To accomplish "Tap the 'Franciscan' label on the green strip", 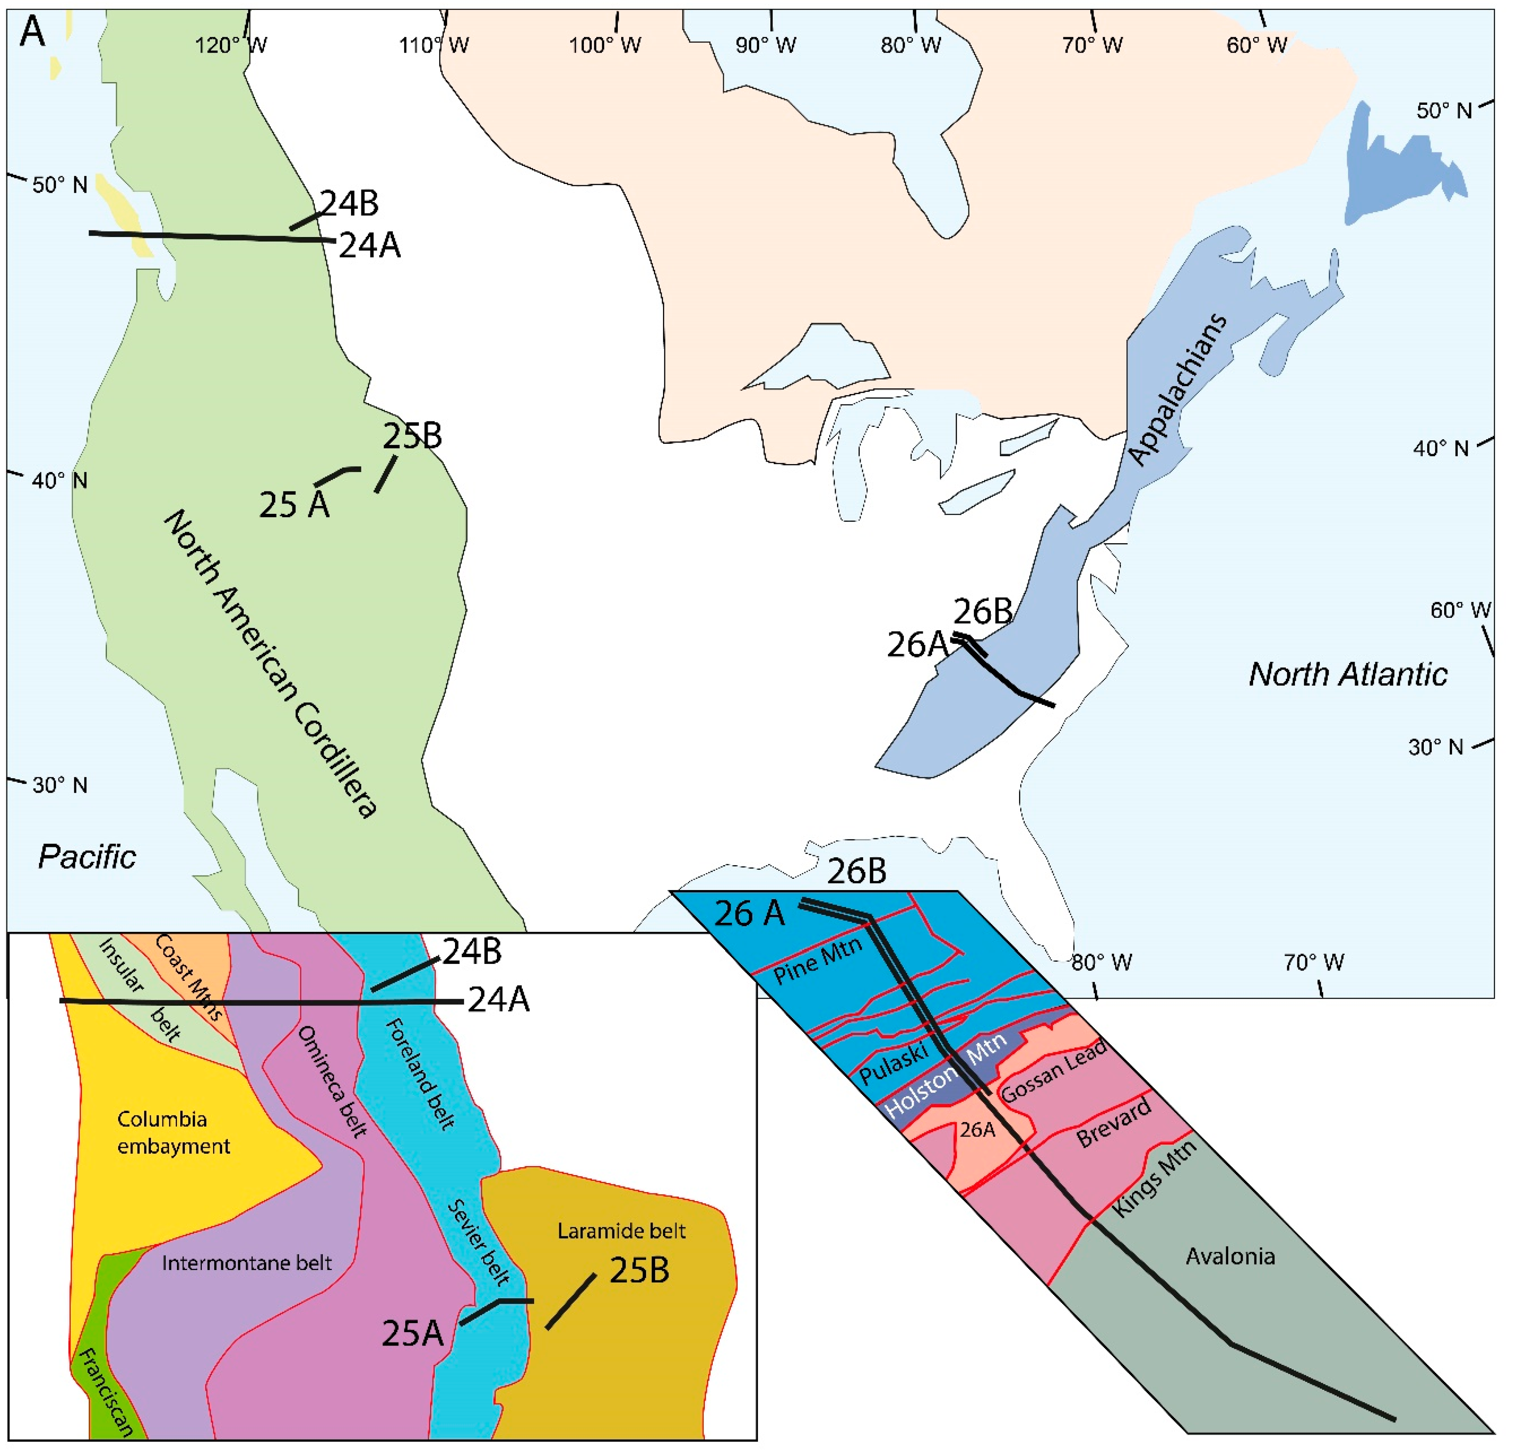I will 106,1391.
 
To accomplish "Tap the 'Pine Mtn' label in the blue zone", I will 817,961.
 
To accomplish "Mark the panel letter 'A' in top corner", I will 32,32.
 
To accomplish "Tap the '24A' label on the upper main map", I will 370,246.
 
